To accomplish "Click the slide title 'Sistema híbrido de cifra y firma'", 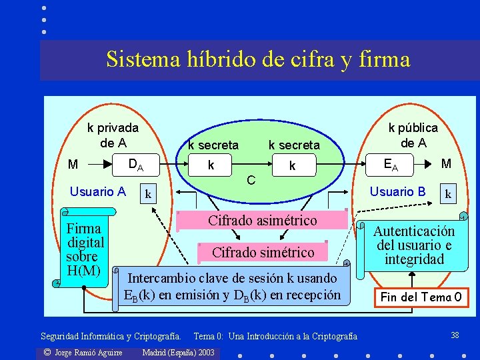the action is click(258, 60).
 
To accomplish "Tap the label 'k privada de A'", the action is click(113, 135).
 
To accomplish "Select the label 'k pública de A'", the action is click(413, 135).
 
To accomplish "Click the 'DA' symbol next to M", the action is click(135, 164).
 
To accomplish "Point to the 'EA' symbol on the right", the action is click(392, 164).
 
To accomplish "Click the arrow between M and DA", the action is click(101, 164).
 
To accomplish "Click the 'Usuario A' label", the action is click(98, 192).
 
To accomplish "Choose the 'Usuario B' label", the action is click(397, 192).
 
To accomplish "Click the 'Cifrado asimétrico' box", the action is click(263, 221).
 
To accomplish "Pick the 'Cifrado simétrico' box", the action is click(263, 252).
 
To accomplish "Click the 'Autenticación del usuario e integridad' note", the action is click(414, 245).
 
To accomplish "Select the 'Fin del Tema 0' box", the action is click(421, 297).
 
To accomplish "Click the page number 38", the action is click(455, 334).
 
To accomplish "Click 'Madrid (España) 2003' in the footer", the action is click(179, 352).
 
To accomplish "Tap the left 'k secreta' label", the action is click(213, 145).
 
